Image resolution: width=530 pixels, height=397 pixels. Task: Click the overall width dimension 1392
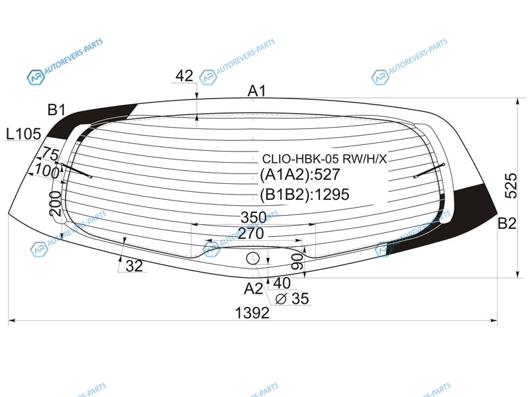pyautogui.click(x=252, y=313)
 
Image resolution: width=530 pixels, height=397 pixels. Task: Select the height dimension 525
pyautogui.click(x=511, y=186)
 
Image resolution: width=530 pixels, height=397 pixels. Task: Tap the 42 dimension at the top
pyautogui.click(x=184, y=75)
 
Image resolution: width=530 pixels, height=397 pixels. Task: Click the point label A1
pyautogui.click(x=257, y=91)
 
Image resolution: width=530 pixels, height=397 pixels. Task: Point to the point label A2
pyautogui.click(x=253, y=288)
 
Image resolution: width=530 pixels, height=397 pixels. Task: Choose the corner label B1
pyautogui.click(x=56, y=110)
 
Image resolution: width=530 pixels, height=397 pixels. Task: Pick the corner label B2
pyautogui.click(x=507, y=224)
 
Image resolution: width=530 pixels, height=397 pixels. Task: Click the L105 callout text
pyautogui.click(x=24, y=134)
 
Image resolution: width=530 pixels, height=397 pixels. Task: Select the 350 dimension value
pyautogui.click(x=254, y=218)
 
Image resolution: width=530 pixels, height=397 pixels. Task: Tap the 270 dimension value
pyautogui.click(x=250, y=234)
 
